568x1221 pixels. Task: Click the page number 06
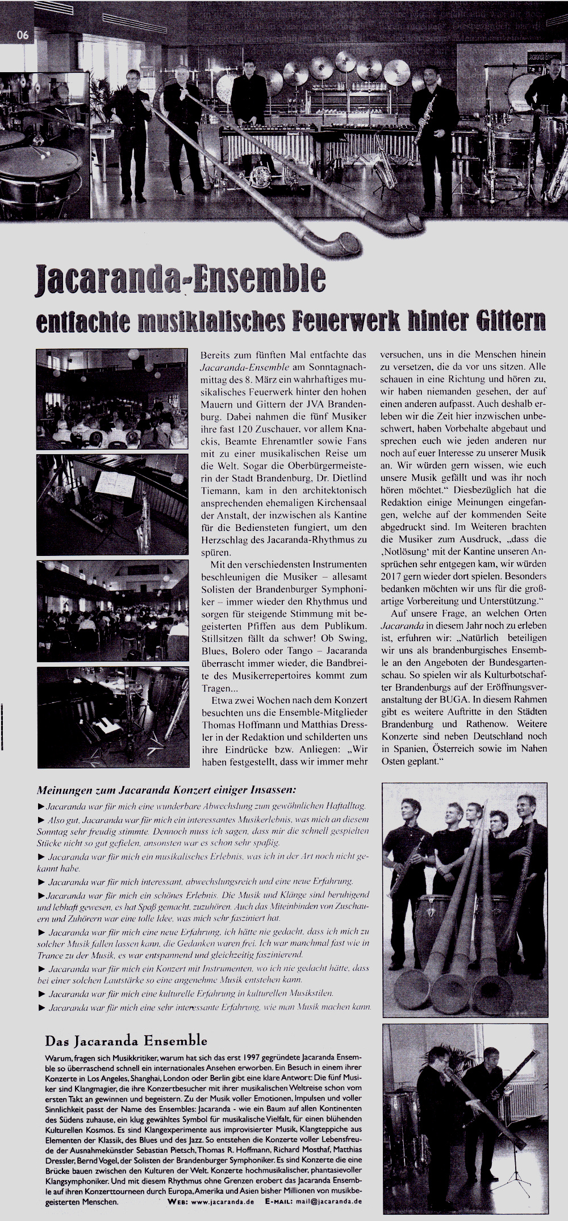point(23,35)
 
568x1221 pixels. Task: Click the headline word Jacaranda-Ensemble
point(181,278)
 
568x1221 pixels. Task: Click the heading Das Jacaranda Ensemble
point(126,1041)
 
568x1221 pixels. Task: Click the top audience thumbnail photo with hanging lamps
point(112,398)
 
